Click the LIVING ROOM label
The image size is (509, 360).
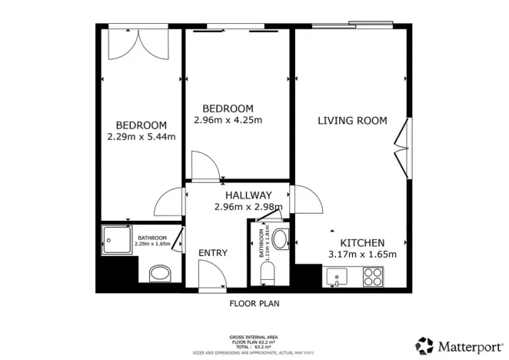[352, 121]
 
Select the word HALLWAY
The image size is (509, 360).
[248, 195]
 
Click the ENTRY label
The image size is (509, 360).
[212, 252]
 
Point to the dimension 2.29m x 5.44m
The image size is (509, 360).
[141, 138]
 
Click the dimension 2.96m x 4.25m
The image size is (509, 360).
[228, 120]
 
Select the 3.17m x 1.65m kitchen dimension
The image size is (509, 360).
[362, 255]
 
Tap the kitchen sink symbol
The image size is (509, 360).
[337, 275]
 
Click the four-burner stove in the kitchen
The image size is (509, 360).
[373, 275]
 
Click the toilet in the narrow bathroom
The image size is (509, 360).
[268, 273]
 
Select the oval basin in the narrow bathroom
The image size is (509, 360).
[281, 238]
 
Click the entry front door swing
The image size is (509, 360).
[211, 274]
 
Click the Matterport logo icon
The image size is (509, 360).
[424, 345]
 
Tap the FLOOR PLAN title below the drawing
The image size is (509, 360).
[254, 303]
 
